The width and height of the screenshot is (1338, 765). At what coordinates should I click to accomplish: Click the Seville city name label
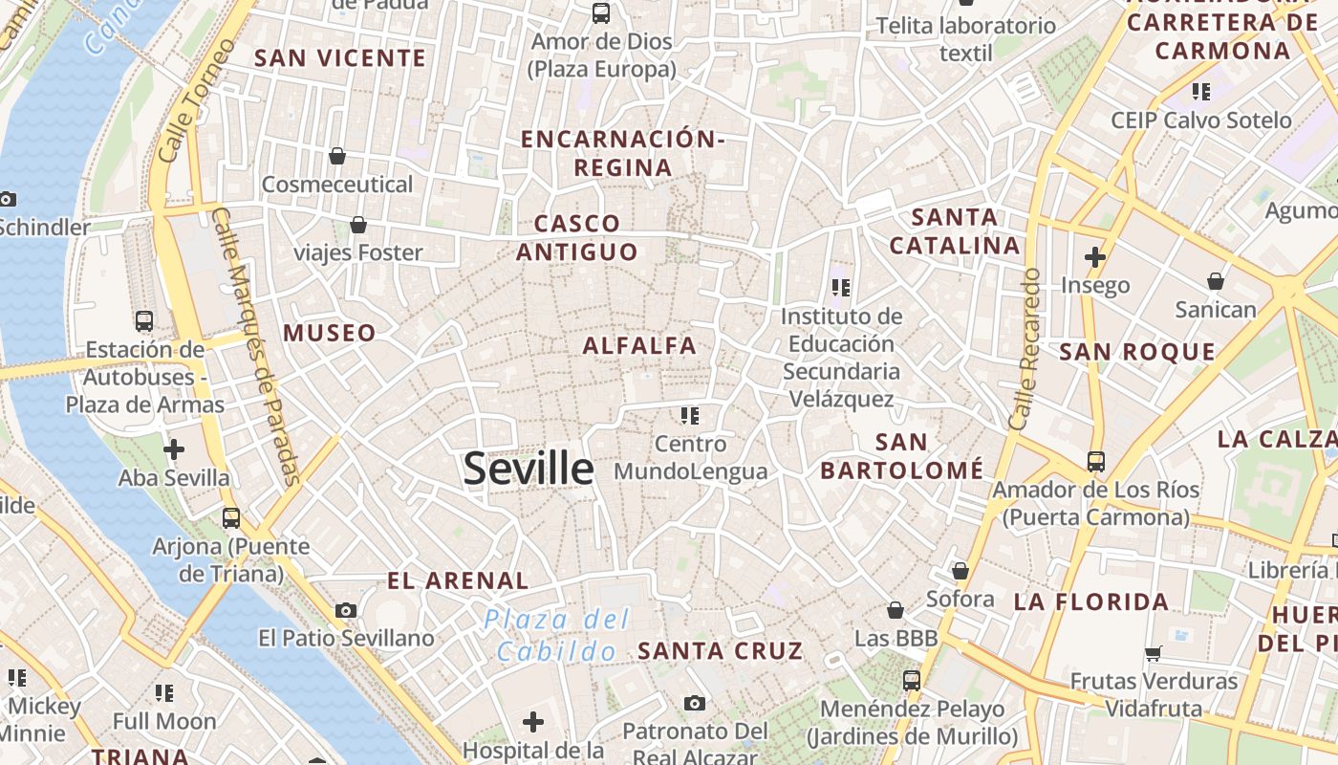coord(528,469)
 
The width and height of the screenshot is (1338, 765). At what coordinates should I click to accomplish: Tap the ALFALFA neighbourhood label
coord(639,346)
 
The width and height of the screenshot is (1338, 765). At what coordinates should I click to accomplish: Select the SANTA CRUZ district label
coord(721,651)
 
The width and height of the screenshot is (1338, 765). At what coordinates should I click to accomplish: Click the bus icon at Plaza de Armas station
coord(144,321)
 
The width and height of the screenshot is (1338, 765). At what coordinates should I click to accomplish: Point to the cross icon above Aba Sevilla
coord(174,448)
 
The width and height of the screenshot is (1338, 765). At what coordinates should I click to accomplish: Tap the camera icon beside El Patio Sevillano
coord(346,610)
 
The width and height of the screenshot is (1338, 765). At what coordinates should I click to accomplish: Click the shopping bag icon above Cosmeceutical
coord(336,155)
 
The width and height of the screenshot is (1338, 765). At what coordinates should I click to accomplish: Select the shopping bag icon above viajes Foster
coord(357,225)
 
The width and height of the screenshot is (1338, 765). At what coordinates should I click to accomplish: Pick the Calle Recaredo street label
coord(1024,348)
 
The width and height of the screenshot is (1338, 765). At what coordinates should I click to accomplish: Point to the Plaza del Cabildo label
coord(556,635)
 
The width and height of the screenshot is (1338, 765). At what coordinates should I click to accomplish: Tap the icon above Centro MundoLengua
coord(690,415)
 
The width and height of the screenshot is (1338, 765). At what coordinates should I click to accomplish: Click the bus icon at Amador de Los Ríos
coord(1095,462)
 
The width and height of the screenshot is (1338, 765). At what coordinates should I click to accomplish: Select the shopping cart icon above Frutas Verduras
coord(1154,654)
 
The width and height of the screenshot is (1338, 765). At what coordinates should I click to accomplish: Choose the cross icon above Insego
coord(1095,257)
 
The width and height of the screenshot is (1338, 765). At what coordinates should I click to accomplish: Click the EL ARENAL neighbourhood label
coord(457,580)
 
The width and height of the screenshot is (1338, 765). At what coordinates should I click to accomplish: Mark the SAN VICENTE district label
coord(340,58)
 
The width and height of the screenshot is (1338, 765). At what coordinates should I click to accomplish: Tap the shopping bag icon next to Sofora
coord(960,571)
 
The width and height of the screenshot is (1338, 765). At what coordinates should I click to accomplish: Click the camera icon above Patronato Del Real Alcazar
coord(695,704)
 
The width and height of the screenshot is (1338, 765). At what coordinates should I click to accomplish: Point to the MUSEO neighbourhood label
coord(330,333)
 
